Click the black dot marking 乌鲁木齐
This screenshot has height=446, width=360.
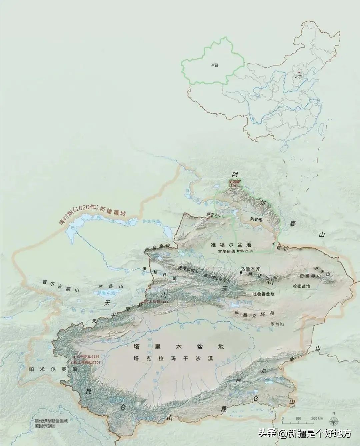[x=241, y=273]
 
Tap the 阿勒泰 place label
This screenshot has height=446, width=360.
[x=256, y=219]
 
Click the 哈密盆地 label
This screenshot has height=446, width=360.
[x=301, y=286]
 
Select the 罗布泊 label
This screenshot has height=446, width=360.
[x=277, y=323]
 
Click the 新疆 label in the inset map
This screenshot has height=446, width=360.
[x=214, y=65]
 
